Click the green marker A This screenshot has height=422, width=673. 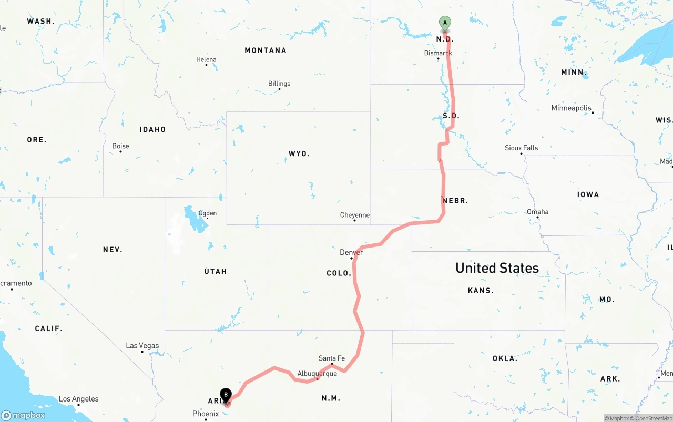[445, 23]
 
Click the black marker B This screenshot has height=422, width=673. [226, 395]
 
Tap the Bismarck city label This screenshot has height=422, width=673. [438, 53]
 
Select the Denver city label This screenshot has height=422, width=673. [351, 252]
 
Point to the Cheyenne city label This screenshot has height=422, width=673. [355, 215]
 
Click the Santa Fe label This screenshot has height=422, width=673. [332, 358]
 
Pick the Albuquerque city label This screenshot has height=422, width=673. [317, 374]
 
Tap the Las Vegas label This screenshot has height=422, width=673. [142, 346]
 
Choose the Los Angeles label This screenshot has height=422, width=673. [78, 399]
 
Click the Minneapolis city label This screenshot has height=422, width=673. [572, 108]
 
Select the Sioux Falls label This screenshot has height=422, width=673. [521, 148]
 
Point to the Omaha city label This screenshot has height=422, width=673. [537, 212]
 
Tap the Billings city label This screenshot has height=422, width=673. [279, 84]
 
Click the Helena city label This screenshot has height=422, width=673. [206, 60]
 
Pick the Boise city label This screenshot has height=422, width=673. [120, 146]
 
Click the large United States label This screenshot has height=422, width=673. [497, 268]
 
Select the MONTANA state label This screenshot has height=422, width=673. [266, 50]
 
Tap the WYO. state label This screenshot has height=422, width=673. [299, 154]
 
